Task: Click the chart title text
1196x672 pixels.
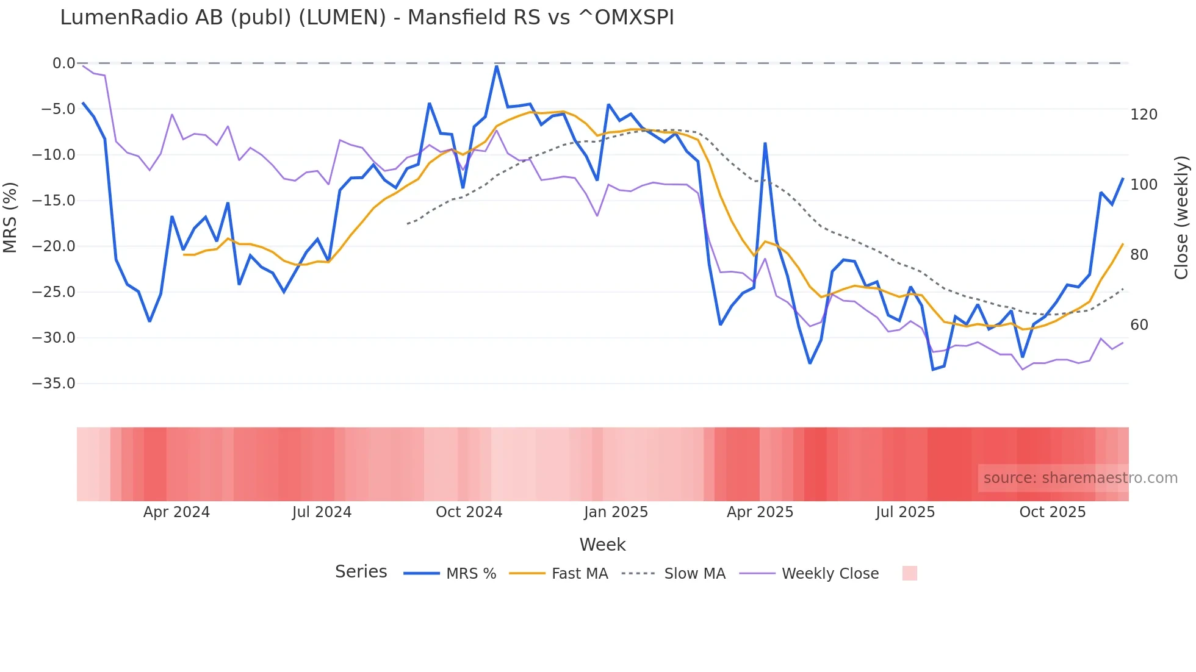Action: (367, 18)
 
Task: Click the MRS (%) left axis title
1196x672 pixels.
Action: (10, 217)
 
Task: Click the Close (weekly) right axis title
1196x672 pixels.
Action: (1181, 218)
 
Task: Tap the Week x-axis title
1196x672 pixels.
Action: (602, 545)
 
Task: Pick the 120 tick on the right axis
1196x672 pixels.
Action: (1144, 115)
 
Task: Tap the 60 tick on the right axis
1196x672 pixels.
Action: (1139, 325)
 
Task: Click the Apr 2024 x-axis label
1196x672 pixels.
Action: (176, 512)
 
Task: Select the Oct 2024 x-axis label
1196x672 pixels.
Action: (469, 512)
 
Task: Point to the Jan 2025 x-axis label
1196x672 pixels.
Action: (616, 512)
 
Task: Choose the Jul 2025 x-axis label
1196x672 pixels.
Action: (905, 512)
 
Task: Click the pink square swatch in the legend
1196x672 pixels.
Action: (909, 573)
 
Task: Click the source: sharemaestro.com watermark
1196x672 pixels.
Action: (1080, 478)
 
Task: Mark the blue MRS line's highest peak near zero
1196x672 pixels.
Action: (497, 66)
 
